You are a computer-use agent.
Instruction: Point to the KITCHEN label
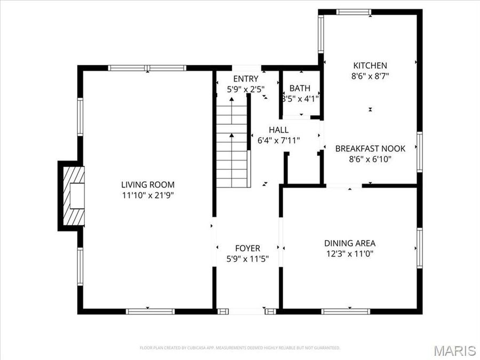pyautogui.click(x=369, y=66)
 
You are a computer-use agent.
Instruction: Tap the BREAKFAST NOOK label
pyautogui.click(x=370, y=149)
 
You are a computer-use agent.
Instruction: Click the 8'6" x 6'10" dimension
pyautogui.click(x=370, y=159)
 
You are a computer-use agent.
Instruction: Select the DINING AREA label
pyautogui.click(x=350, y=243)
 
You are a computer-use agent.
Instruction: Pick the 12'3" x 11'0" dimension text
pyautogui.click(x=350, y=254)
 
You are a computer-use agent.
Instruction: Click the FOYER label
pyautogui.click(x=247, y=248)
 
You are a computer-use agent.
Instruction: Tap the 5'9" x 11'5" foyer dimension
pyautogui.click(x=247, y=258)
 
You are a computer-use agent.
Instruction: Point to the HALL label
pyautogui.click(x=278, y=130)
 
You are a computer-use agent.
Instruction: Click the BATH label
pyautogui.click(x=300, y=88)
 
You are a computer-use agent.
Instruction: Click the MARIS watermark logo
pyautogui.click(x=454, y=350)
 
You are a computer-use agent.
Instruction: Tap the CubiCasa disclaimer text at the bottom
pyautogui.click(x=240, y=348)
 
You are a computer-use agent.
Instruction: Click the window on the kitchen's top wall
pyautogui.click(x=354, y=12)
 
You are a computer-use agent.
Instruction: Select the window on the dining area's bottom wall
pyautogui.click(x=346, y=311)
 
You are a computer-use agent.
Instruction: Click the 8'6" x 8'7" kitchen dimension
pyautogui.click(x=369, y=76)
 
